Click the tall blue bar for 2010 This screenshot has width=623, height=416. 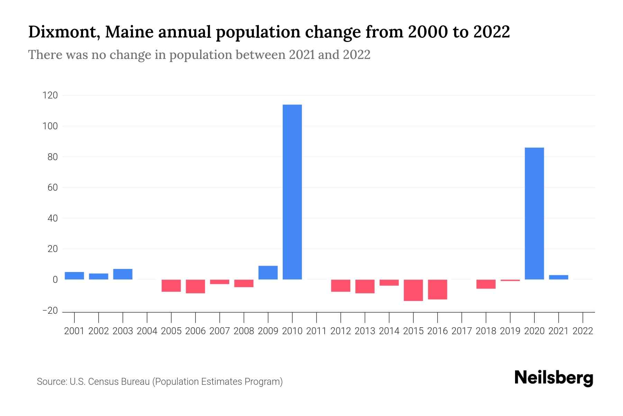click(x=292, y=192)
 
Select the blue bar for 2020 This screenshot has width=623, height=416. click(x=534, y=214)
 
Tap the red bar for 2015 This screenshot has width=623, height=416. click(x=413, y=290)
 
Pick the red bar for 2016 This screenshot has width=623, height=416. click(x=437, y=289)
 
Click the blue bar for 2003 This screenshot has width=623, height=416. click(x=123, y=274)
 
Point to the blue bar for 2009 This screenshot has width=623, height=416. click(x=268, y=272)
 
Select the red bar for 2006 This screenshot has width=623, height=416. click(x=196, y=286)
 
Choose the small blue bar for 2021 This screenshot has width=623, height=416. click(x=558, y=277)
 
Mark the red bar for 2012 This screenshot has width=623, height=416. click(x=341, y=286)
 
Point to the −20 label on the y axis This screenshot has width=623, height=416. click(x=50, y=311)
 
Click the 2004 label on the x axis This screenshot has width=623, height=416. click(x=147, y=331)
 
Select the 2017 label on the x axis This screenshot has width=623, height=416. click(x=462, y=331)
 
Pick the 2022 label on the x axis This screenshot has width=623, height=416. click(x=583, y=331)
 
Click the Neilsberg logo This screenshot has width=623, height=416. click(x=554, y=378)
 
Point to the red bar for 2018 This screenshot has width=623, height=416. click(x=486, y=284)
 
